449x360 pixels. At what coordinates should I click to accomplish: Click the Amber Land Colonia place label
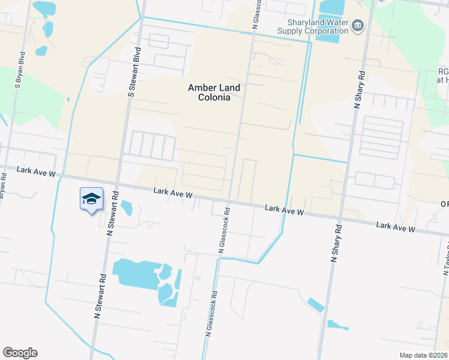pos(214,92)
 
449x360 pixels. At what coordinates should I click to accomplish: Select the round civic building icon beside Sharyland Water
pos(358,25)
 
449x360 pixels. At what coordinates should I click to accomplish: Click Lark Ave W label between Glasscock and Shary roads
pos(286,211)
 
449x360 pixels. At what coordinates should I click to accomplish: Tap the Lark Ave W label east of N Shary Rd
pos(396,227)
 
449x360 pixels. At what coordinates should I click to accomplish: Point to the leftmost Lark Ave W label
pos(36,172)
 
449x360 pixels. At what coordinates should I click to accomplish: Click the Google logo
pos(20,353)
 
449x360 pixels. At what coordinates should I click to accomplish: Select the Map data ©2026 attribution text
pos(424,355)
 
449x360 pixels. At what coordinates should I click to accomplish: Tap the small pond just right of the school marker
pos(127,208)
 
